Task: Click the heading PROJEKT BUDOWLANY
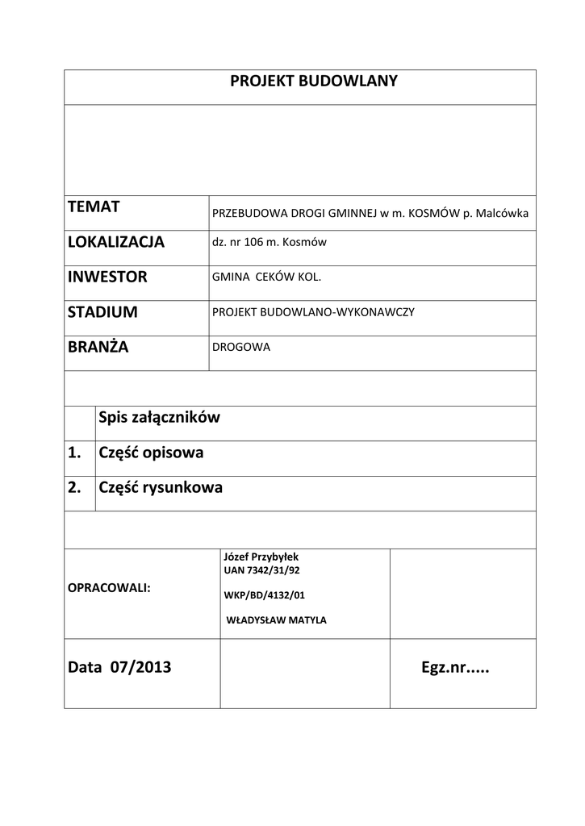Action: tap(314, 82)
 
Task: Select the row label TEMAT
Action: tap(94, 207)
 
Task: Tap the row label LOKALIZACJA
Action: tap(116, 242)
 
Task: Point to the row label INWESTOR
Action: tap(108, 277)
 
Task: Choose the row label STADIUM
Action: tap(103, 312)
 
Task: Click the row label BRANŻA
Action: tap(98, 348)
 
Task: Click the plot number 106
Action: tap(253, 242)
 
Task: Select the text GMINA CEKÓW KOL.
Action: tap(266, 277)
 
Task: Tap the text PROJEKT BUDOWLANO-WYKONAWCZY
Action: tap(313, 312)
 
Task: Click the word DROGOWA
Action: tap(241, 347)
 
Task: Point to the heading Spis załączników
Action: tap(159, 418)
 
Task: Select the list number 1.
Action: tap(75, 453)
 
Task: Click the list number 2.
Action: tap(75, 488)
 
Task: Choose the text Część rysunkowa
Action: tap(161, 488)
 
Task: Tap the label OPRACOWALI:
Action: tap(109, 588)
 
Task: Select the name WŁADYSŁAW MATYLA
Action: tap(277, 620)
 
